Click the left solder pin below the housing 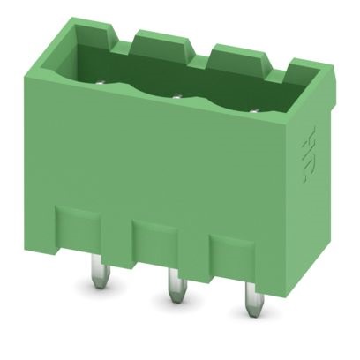[x=94, y=281]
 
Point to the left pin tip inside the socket [x=100, y=86]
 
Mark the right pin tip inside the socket [x=256, y=109]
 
